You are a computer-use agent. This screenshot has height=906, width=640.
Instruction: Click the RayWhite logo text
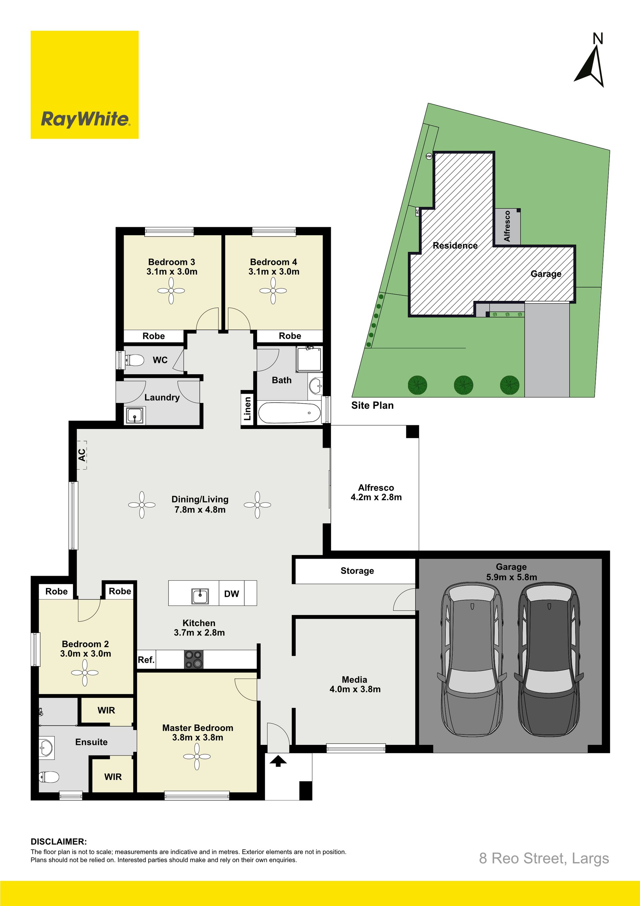pos(85,119)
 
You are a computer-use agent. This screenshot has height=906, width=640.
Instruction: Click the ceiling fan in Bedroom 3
pos(171,291)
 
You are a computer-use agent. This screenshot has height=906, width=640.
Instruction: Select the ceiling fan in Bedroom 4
pos(273,291)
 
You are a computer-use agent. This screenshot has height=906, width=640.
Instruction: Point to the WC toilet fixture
pos(134,360)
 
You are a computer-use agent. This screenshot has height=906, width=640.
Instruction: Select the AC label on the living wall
pos(82,455)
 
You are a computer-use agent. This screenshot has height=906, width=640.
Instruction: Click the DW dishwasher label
pos(231,594)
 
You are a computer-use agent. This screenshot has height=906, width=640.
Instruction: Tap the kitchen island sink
pos(200,596)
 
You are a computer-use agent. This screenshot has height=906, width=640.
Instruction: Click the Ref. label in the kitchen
pos(146,660)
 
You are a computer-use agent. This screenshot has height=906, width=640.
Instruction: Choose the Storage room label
pos(357,571)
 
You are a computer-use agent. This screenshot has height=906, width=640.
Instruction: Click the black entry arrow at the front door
pos(278,761)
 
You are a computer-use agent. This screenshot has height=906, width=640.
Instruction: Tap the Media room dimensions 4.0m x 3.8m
pos(355,689)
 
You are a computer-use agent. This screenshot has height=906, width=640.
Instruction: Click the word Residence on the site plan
pos(455,246)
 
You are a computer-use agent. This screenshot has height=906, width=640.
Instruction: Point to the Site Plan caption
pos(372,406)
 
